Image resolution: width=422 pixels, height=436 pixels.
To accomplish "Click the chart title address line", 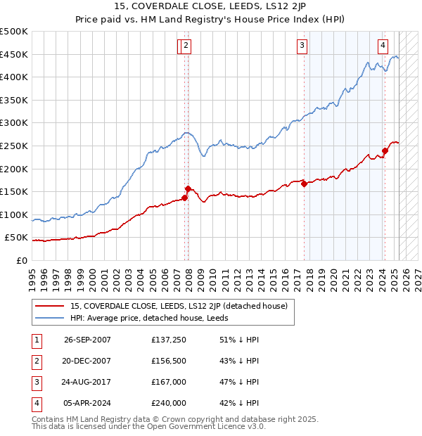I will coord(211,8).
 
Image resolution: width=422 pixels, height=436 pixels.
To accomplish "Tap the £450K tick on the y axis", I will coord(14,54).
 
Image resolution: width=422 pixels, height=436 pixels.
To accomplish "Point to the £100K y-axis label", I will coord(14,214).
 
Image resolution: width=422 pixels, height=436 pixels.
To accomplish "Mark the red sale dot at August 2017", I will coord(304,184).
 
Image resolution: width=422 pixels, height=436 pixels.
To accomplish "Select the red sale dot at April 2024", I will coord(385,150).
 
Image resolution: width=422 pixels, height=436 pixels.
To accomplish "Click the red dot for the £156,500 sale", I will coord(188,188).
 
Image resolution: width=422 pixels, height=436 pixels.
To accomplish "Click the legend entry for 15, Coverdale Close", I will coord(179,306).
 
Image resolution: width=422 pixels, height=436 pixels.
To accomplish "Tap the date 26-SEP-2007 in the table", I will coord(87,340).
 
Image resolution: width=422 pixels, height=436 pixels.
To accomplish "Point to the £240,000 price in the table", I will coord(169,403).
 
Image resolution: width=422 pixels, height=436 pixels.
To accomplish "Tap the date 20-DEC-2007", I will coord(87,361).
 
